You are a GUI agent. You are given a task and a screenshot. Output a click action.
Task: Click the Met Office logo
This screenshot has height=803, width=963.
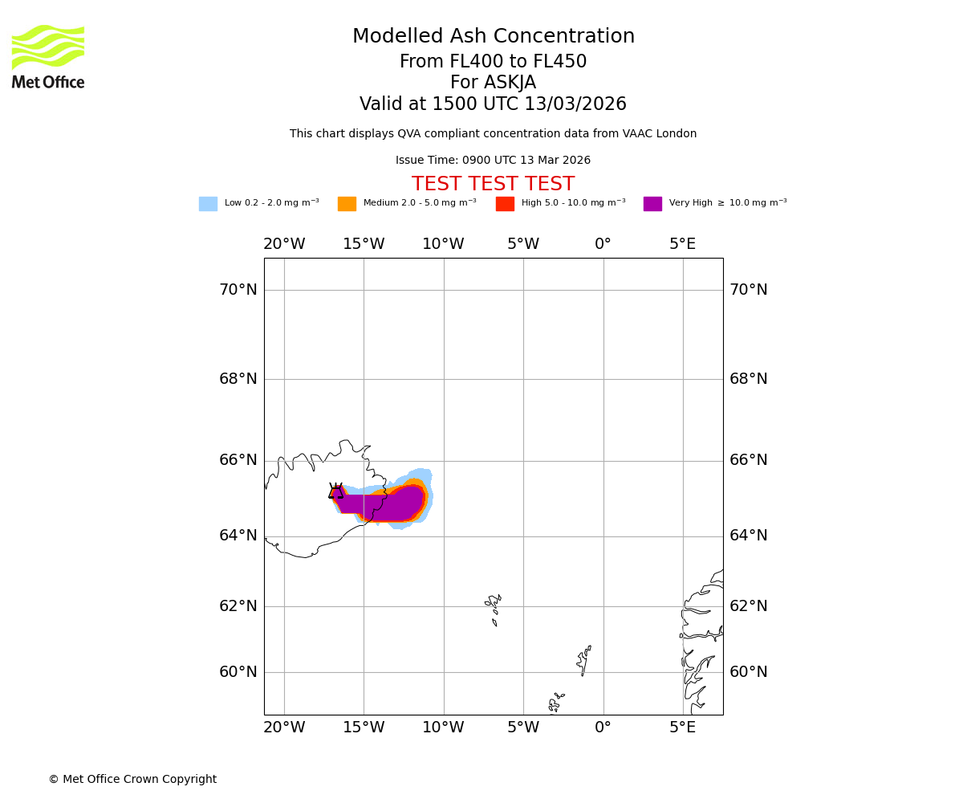click(x=48, y=56)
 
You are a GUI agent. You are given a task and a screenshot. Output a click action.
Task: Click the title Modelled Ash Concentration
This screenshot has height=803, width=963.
click(x=493, y=37)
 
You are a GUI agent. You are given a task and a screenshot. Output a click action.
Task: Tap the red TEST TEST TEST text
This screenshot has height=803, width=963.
click(x=493, y=185)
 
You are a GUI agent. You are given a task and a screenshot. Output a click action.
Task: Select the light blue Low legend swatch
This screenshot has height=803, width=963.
click(x=208, y=204)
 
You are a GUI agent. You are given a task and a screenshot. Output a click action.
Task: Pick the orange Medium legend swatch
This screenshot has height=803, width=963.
click(x=347, y=204)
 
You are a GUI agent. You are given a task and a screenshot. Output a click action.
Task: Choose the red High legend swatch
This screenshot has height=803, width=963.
click(x=505, y=204)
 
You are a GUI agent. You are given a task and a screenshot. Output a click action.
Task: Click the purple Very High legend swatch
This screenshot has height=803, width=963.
click(x=652, y=204)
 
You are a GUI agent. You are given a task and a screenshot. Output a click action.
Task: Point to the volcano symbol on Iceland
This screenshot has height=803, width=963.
click(x=336, y=491)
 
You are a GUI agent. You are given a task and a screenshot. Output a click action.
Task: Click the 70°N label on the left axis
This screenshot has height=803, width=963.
click(x=238, y=290)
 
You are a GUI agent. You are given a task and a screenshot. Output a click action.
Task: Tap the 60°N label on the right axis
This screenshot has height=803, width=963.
click(x=748, y=672)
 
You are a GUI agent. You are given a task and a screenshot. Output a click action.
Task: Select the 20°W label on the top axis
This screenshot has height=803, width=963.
click(x=284, y=244)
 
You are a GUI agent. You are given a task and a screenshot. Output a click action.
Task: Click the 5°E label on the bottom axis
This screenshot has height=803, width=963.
click(x=683, y=728)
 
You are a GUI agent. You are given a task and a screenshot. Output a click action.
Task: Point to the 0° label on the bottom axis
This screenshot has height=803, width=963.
click(x=603, y=728)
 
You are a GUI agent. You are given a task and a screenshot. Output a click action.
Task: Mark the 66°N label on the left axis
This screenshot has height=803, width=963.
click(x=238, y=460)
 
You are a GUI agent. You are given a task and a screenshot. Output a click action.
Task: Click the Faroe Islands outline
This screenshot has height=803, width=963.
click(x=494, y=608)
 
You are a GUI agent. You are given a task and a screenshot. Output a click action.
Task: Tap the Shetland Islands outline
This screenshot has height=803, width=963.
click(x=583, y=660)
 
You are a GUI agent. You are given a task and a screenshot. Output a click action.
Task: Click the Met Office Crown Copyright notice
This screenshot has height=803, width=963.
click(x=132, y=780)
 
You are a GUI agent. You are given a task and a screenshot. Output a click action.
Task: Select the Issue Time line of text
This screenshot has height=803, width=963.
click(x=493, y=161)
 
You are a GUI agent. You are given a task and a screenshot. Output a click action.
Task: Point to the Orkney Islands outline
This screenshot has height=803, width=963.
click(x=555, y=702)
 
